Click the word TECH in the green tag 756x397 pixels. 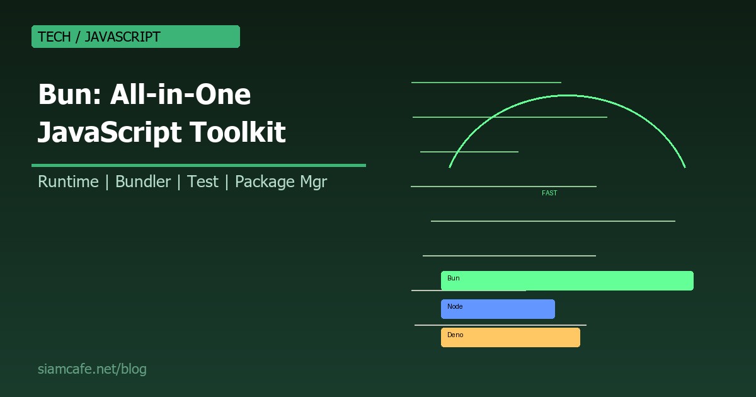54,37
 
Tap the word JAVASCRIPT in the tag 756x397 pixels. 122,37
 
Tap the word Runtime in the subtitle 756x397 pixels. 68,182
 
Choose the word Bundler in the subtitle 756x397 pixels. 143,182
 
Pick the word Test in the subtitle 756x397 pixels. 203,182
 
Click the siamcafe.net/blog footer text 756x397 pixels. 92,369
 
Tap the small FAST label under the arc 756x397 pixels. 549,193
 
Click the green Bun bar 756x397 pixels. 567,281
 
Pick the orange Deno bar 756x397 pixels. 510,338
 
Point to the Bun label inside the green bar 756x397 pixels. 454,278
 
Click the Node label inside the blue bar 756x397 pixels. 455,306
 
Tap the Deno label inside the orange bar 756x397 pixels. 455,335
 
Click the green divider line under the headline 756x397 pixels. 198,165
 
